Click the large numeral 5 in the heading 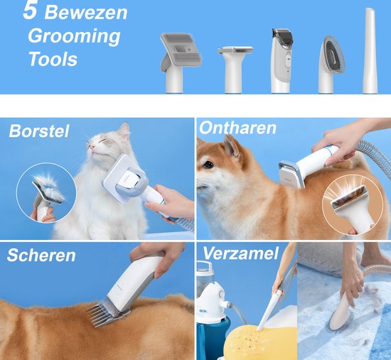[x=31, y=11]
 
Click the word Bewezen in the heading [x=86, y=13]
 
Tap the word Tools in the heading [x=53, y=59]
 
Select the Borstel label [x=39, y=131]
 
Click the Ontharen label [x=237, y=128]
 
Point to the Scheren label [x=41, y=255]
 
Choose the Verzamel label [x=240, y=253]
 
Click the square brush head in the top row [x=180, y=62]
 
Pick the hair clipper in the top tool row [x=282, y=60]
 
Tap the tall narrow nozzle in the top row [x=370, y=50]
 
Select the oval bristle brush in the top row [x=331, y=65]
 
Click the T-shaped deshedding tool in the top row [x=235, y=70]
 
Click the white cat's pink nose [x=92, y=147]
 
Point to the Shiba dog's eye [x=208, y=165]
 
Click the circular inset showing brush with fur [x=46, y=192]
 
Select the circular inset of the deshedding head [x=353, y=204]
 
